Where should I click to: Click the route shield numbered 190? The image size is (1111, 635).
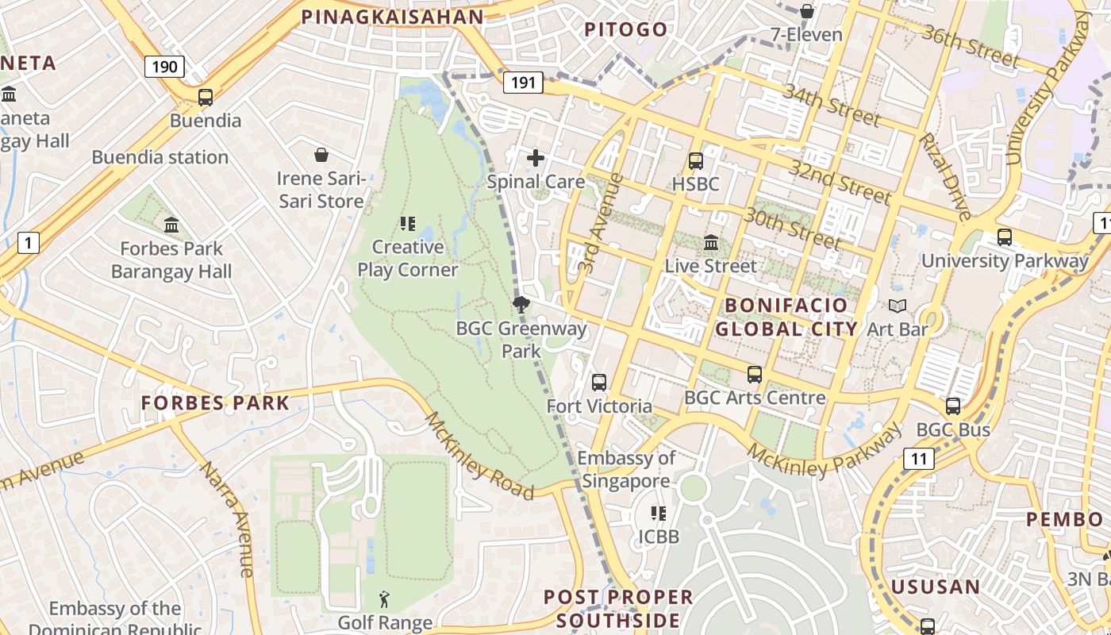[x=164, y=67]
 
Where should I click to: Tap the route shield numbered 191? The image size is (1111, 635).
[x=523, y=82]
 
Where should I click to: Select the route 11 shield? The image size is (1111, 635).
[x=919, y=458]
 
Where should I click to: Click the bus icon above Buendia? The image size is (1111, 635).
[x=206, y=98]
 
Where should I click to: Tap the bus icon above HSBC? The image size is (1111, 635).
[x=695, y=161]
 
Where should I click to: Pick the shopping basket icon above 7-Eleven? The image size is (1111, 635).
[x=806, y=11]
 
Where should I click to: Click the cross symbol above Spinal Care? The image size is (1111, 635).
[x=536, y=158]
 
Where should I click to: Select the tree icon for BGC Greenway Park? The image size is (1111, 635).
[x=521, y=305]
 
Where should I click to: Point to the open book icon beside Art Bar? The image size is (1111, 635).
[x=898, y=306]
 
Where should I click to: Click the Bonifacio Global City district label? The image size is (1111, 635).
[x=786, y=317]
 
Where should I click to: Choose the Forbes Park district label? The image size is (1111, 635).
[x=215, y=403]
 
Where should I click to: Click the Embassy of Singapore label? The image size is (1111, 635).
[x=626, y=469]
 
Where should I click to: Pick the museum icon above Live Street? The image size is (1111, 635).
[x=711, y=242]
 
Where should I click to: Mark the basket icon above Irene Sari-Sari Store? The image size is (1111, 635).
[x=321, y=154]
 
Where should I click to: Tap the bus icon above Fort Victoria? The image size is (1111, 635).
[x=599, y=383]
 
